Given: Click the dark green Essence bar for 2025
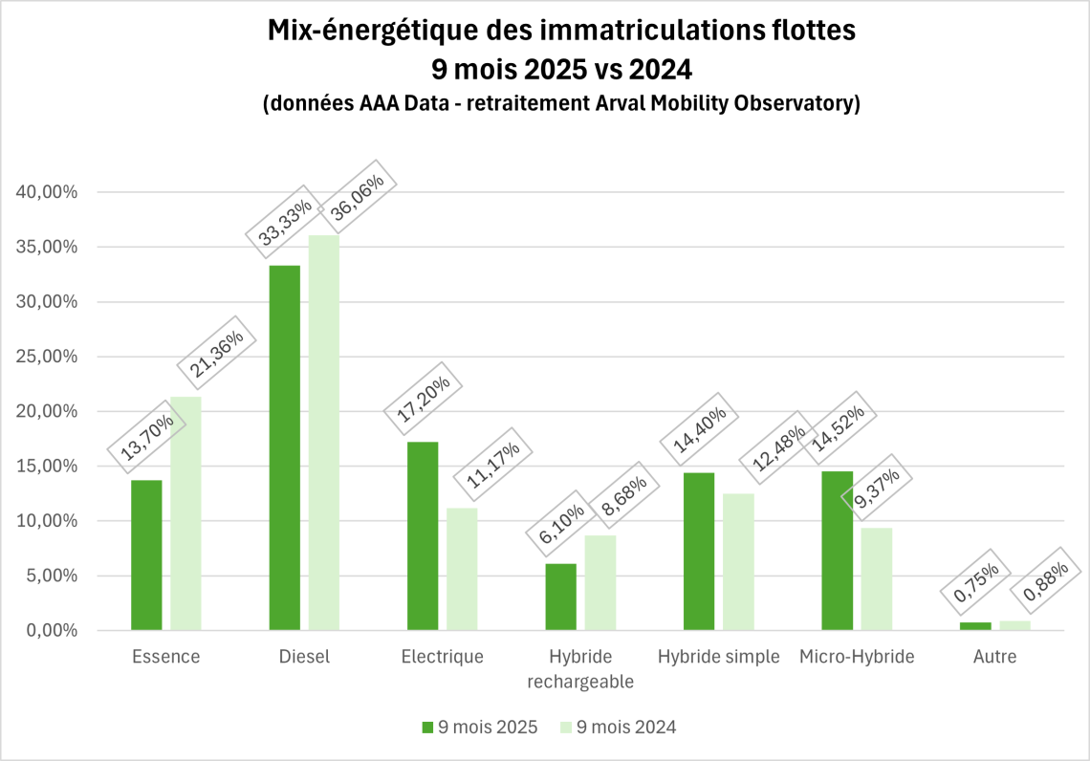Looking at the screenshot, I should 146,554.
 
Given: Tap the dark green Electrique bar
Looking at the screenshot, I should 423,535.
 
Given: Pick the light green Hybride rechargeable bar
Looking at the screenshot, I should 600,582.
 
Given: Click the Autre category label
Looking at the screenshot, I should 994,657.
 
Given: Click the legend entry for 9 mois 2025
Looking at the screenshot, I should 480,728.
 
